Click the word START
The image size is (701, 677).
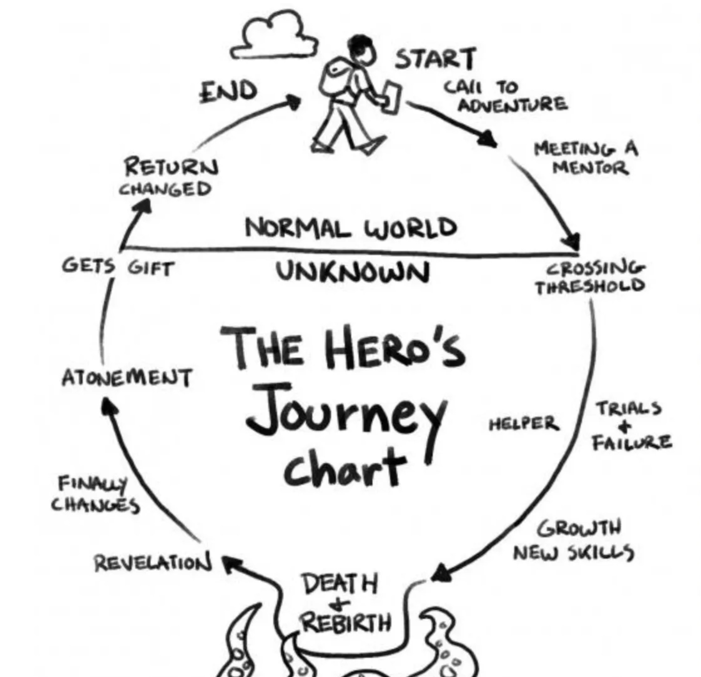click(x=435, y=59)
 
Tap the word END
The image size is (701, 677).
click(x=229, y=91)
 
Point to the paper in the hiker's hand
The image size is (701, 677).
click(x=391, y=97)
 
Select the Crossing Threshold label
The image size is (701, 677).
click(x=590, y=277)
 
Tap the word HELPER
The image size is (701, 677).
click(x=524, y=423)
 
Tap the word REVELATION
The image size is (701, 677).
click(x=153, y=563)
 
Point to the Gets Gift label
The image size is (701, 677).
click(x=118, y=267)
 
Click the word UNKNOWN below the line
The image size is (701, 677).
click(x=353, y=272)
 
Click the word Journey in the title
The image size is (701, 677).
click(x=345, y=413)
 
